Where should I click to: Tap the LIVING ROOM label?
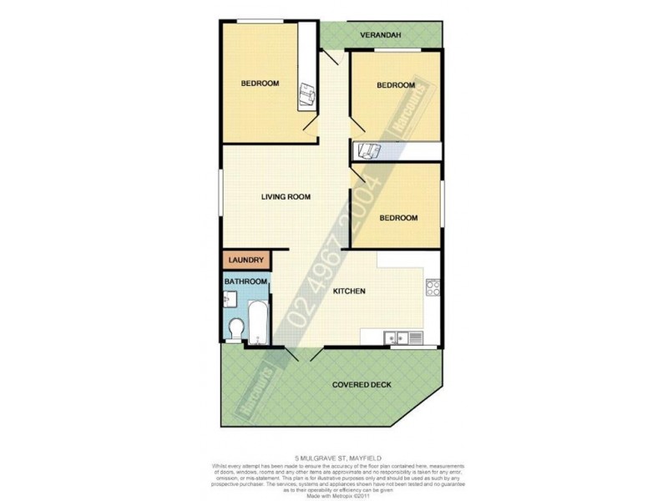(286, 197)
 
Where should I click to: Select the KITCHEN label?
(349, 291)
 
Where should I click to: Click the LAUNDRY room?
(245, 261)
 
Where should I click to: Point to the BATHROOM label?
(245, 282)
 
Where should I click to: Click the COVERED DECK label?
(362, 385)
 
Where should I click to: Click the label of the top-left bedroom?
(260, 83)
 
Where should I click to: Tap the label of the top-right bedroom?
(395, 85)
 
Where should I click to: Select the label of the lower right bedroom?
(398, 218)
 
